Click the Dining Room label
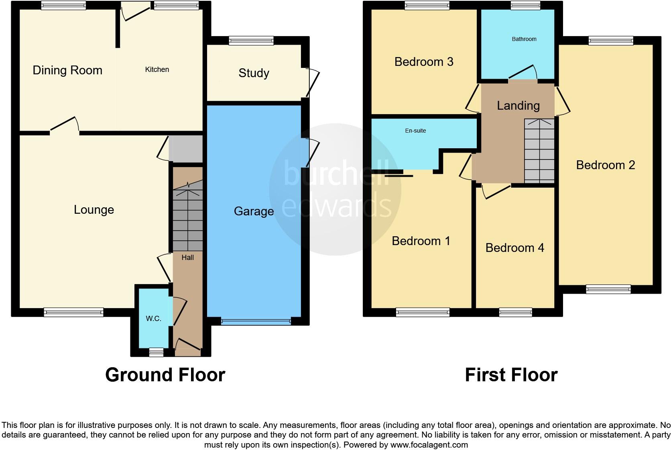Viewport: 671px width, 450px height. (x=67, y=70)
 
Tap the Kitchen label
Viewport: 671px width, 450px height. (x=157, y=70)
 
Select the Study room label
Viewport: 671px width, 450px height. (x=254, y=73)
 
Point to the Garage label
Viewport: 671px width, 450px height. (x=254, y=211)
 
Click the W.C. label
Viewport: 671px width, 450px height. (x=153, y=319)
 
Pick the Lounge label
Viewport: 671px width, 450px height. (x=94, y=210)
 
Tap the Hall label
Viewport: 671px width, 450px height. (x=187, y=258)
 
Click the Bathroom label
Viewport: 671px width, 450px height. (x=524, y=39)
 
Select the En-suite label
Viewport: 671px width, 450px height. (x=415, y=131)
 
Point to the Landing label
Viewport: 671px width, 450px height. (x=518, y=106)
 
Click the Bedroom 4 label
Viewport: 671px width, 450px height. (x=514, y=248)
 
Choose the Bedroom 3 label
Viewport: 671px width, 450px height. (x=424, y=62)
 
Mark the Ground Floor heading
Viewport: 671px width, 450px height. (x=165, y=375)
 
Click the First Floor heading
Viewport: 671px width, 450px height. (x=511, y=375)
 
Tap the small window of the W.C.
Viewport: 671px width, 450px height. (x=156, y=352)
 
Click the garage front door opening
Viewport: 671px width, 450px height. (x=256, y=321)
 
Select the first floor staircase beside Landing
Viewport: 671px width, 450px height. (x=539, y=151)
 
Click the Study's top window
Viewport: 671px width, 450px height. (x=251, y=40)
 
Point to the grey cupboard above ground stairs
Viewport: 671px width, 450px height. (x=186, y=149)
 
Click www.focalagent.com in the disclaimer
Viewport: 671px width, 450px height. (x=429, y=445)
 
